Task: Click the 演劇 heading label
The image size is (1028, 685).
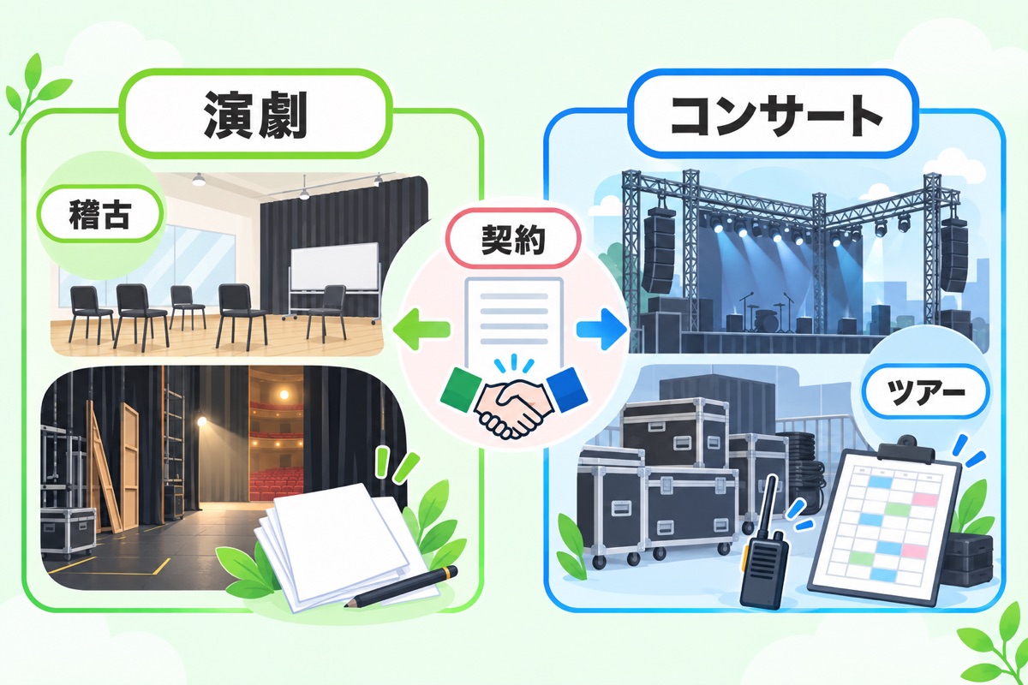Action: tap(255, 114)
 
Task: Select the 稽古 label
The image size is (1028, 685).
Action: tap(100, 215)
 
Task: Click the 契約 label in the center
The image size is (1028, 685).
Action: tap(513, 239)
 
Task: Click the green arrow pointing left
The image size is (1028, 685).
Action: tap(421, 329)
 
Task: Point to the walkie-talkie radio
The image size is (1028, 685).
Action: tap(762, 551)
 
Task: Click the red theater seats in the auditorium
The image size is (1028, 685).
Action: tap(276, 481)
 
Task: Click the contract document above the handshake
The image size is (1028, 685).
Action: tap(514, 322)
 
